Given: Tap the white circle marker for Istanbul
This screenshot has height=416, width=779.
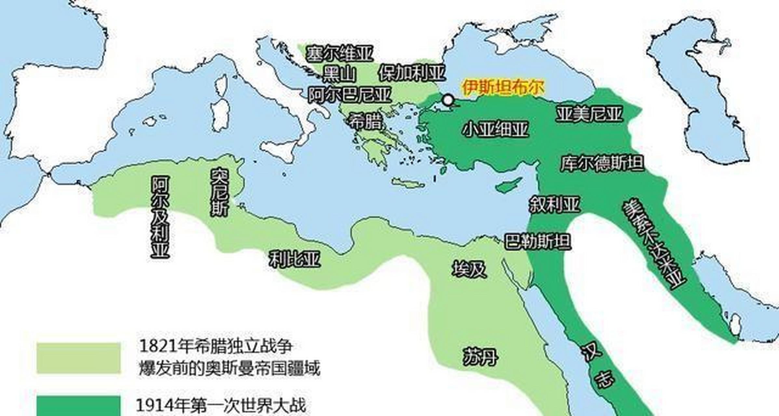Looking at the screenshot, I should click(x=448, y=100).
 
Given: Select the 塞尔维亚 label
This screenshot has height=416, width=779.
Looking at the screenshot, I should click(x=340, y=54).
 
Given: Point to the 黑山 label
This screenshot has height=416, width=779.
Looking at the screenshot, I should click(x=339, y=74).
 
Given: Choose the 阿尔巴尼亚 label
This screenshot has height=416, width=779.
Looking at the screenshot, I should click(x=350, y=95).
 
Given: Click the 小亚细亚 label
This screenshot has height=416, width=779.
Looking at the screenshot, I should click(x=495, y=129).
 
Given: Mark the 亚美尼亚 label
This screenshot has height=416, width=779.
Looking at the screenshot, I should click(x=589, y=114).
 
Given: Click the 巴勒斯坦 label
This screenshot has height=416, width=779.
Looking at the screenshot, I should click(x=537, y=242).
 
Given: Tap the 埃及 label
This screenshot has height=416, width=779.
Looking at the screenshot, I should click(x=469, y=269).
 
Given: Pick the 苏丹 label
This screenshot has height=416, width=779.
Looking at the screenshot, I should click(x=480, y=357).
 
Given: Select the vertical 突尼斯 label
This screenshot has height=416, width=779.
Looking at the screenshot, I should click(x=220, y=192).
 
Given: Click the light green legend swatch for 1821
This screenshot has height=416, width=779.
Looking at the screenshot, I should click(x=78, y=358).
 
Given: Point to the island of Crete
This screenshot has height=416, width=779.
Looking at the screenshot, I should click(x=408, y=183).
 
